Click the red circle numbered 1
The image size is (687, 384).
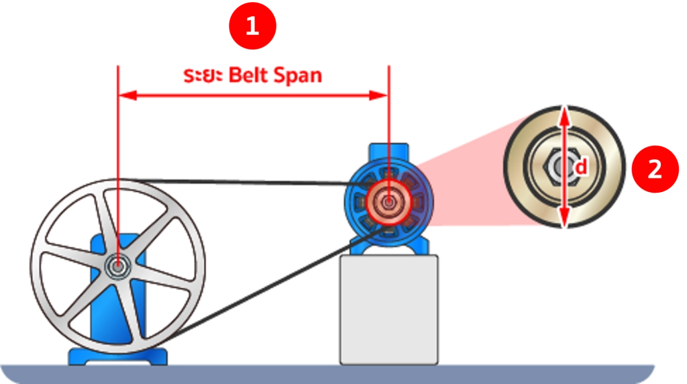pos(252,26)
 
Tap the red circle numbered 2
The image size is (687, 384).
pos(655,169)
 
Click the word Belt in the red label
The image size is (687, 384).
pos(248,75)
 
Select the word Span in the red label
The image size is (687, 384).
pos(297,76)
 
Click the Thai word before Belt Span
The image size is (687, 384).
pos(203,75)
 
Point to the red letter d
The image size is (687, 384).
pos(580,166)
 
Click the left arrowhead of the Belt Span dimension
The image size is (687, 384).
pos(128,95)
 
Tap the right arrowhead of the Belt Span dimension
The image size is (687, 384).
pos(378,95)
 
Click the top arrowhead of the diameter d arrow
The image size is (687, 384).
pos(565,117)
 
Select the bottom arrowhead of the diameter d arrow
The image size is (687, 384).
pos(565,217)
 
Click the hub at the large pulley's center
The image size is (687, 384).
pos(117,266)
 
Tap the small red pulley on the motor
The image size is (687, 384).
pos(388,202)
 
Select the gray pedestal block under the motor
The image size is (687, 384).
pos(389,309)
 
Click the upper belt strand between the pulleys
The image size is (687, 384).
pos(246,181)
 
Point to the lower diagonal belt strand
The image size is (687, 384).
pos(276,284)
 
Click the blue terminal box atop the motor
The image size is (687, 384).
pos(388,151)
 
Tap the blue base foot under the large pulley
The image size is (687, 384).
pos(118,356)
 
